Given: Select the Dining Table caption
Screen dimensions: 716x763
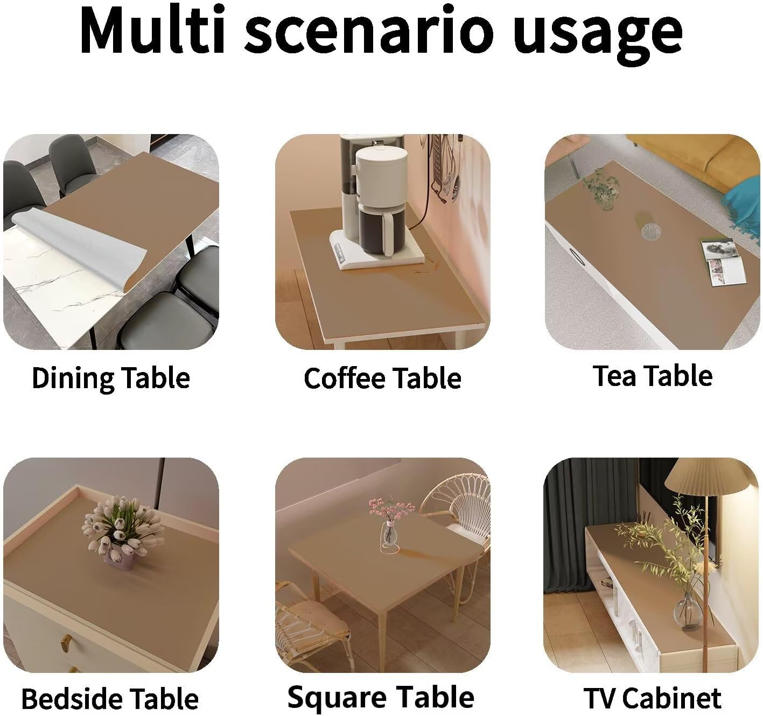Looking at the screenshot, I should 111,378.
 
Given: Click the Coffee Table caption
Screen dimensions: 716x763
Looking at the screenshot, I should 382,378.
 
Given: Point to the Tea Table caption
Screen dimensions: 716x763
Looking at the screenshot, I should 653,376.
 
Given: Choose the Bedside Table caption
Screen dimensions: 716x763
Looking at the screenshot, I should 110,699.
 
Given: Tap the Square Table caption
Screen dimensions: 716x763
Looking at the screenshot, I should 381,697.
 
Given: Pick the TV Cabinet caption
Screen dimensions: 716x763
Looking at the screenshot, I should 653,698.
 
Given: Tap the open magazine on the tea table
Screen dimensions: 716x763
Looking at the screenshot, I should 724,262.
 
